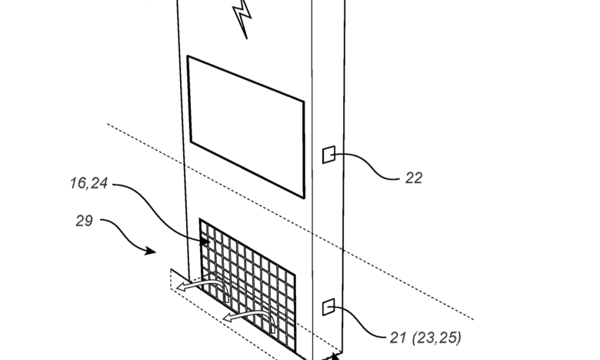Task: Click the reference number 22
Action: [x=413, y=178]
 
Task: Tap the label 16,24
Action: [x=89, y=183]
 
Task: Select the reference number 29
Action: [x=84, y=221]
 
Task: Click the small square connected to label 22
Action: [x=329, y=155]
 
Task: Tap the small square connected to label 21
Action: [x=329, y=307]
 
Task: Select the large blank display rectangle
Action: [x=246, y=127]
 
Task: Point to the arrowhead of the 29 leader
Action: [x=151, y=251]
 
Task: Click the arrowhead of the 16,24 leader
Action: [x=205, y=241]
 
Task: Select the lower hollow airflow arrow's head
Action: [x=229, y=317]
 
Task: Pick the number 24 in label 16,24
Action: [x=100, y=183]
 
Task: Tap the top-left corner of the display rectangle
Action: [x=187, y=56]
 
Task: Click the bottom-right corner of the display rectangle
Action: [x=304, y=198]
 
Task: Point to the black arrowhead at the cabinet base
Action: [x=335, y=356]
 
